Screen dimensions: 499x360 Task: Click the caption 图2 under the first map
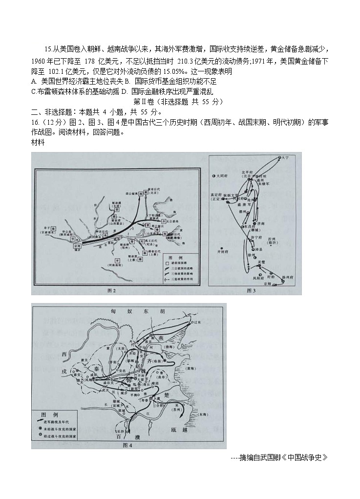(x=111, y=291)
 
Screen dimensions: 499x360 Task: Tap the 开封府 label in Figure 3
(x=222, y=253)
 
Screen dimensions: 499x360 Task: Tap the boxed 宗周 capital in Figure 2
(x=77, y=246)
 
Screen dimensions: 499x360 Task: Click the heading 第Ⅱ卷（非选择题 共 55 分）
(x=178, y=102)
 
